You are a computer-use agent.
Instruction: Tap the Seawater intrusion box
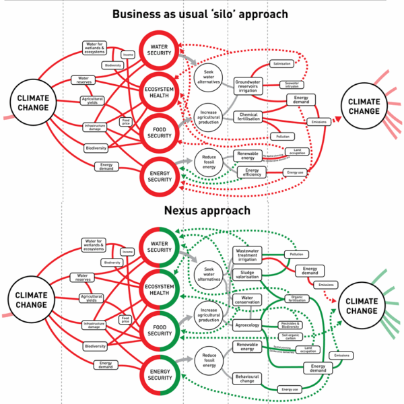tap(290, 85)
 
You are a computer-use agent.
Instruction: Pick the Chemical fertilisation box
tap(248, 118)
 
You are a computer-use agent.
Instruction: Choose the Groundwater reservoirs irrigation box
tap(247, 87)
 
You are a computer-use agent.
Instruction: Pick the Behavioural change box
tap(247, 379)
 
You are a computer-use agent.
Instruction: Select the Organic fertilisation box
tap(297, 298)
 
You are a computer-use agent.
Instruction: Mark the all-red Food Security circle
tap(160, 133)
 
